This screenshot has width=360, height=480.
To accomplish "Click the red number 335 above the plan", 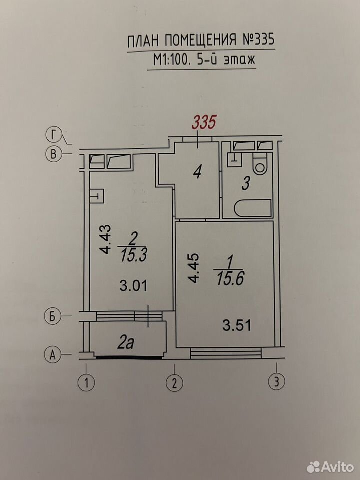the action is point(204,122).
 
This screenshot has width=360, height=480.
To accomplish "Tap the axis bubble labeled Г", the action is point(54,135).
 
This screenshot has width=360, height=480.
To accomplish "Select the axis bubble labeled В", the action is point(53,154).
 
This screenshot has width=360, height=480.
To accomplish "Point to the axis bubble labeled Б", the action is point(53,316).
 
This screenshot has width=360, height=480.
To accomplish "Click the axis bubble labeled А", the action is point(52,355).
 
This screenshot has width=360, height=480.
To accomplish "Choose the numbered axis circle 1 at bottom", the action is point(86,383).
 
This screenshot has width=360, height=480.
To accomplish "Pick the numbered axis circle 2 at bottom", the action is point(175,383).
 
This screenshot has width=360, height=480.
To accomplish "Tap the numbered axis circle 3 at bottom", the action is point(276,382).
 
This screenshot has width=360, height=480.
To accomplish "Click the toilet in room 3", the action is point(260,164).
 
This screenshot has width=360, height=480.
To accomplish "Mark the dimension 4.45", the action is point(194,268).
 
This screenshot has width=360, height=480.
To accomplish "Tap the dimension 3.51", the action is point(237,326).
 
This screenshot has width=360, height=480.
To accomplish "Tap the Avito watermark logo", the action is point(330,467).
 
